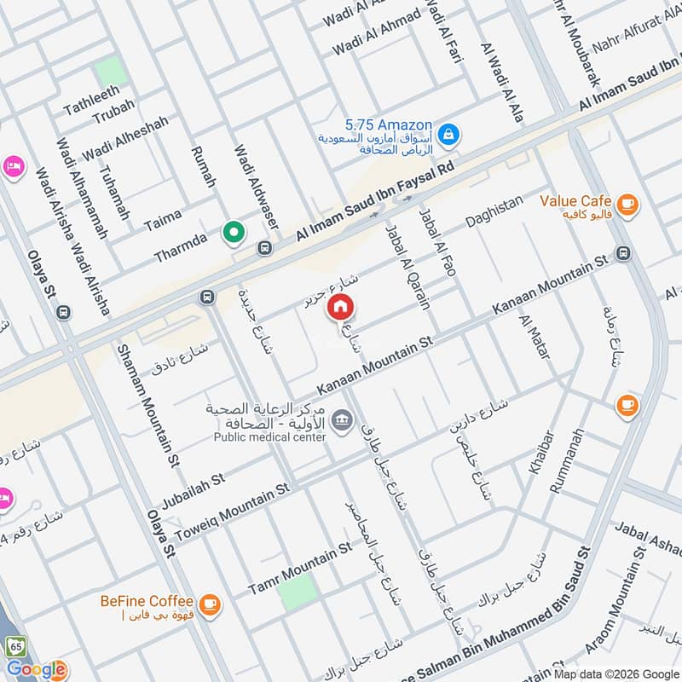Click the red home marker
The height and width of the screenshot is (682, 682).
click(x=340, y=306)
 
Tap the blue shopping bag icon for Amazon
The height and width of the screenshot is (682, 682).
click(x=448, y=134)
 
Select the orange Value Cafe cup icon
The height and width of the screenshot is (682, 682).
click(x=627, y=203)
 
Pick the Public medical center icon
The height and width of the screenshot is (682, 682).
click(x=343, y=420)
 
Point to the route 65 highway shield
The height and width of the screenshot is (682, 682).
click(x=14, y=646)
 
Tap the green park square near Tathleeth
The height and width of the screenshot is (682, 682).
click(x=111, y=72)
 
